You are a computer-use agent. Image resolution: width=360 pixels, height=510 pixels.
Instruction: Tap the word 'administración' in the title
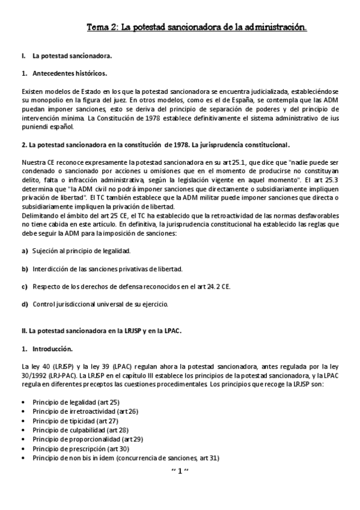click(x=276, y=27)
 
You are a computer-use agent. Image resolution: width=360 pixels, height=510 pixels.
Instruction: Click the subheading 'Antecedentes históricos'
click(x=69, y=73)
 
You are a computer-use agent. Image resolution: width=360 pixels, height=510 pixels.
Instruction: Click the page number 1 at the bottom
click(x=180, y=471)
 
